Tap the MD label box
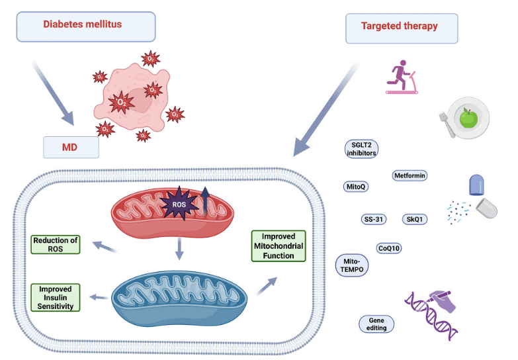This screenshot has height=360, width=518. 71,147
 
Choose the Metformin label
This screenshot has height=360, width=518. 410,176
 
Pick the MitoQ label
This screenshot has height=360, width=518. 357,187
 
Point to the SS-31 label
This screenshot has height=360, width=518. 374,219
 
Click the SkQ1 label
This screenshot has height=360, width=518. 414,219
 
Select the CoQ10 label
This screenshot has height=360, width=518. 388,248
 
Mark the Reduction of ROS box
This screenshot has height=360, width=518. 56,244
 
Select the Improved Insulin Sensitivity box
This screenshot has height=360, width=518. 56,298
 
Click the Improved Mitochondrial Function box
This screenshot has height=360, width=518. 278,246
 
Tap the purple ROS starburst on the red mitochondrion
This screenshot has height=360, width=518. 179,204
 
